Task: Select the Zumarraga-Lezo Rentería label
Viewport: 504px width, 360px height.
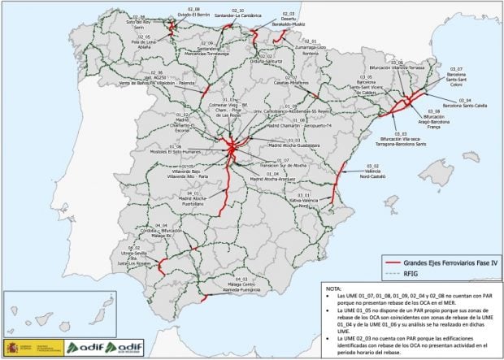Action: [x=311, y=51]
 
